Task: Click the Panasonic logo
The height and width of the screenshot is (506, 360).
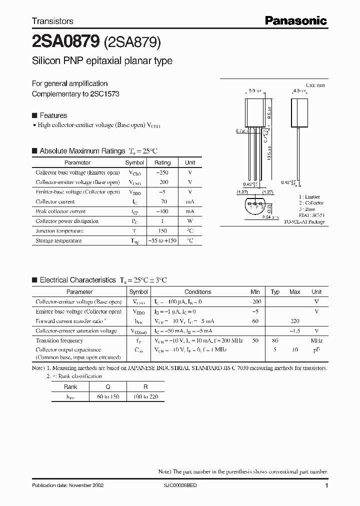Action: tap(295, 20)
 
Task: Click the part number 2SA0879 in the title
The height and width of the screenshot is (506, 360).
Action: tap(65, 43)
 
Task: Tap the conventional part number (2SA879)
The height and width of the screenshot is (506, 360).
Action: tap(132, 43)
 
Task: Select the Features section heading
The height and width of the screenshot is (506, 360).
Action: tap(53, 115)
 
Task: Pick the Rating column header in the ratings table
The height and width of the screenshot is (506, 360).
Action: tap(162, 162)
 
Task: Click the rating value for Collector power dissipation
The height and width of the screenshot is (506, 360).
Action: tap(162, 221)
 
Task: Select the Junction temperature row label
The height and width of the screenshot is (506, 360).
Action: tap(59, 231)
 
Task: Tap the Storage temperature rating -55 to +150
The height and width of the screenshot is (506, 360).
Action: tap(162, 240)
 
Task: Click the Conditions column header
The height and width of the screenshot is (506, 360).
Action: tap(197, 292)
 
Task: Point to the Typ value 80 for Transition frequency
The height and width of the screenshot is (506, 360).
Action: tap(275, 340)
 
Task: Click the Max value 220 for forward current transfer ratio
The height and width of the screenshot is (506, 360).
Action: tap(295, 321)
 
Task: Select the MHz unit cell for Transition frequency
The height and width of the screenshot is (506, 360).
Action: tap(316, 340)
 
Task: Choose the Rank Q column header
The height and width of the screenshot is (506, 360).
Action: tap(108, 386)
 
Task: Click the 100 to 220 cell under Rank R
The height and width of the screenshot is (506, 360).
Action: tap(145, 396)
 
